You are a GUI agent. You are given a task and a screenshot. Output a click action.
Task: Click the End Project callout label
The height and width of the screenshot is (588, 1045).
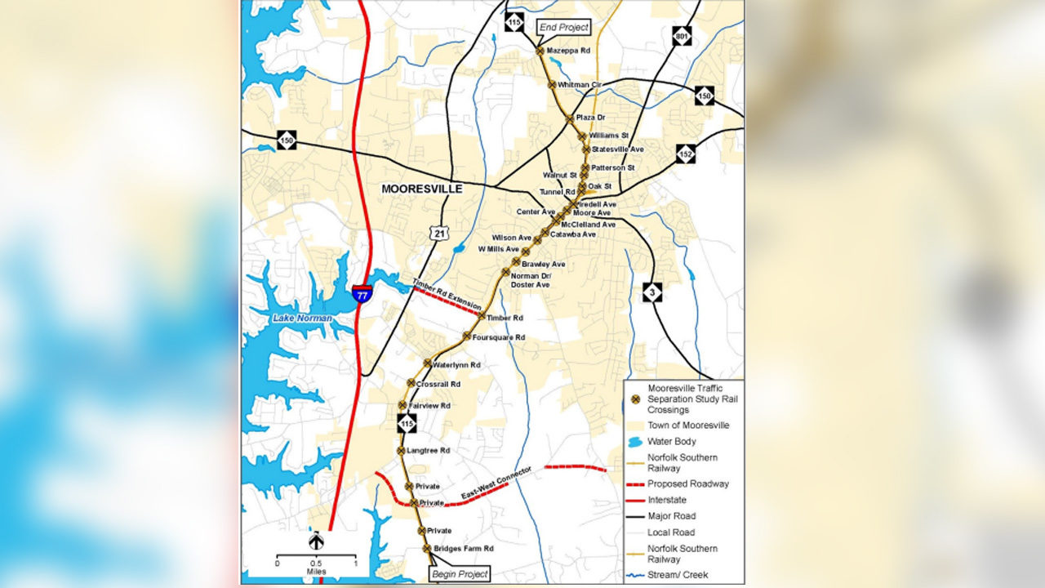pos(563,27)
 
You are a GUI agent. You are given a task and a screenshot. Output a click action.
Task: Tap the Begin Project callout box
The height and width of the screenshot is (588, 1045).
pos(460,574)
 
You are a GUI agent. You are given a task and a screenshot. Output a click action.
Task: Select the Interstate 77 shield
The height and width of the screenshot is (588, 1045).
pos(362,293)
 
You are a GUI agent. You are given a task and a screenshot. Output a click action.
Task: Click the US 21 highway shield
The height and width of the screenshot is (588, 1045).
pos(440,234)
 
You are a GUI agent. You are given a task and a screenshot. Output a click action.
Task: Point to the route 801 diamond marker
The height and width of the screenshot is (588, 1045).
pos(683,36)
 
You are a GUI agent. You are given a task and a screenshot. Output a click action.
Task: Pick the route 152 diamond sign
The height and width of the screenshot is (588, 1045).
pos(686,154)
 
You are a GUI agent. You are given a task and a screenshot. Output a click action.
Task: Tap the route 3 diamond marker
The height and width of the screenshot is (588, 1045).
pos(651,292)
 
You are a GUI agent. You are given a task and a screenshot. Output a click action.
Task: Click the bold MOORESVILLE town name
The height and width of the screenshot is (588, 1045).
pos(422,189)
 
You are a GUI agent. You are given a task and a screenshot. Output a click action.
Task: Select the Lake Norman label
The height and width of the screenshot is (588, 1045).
pos(302,318)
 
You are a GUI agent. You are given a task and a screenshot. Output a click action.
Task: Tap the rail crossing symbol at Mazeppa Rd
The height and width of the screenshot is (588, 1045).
pos(540,51)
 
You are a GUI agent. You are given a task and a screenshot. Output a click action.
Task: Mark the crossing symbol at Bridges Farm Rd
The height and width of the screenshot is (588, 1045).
pos(426,549)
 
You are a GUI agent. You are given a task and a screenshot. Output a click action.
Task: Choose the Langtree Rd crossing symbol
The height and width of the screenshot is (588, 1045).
pos(401,451)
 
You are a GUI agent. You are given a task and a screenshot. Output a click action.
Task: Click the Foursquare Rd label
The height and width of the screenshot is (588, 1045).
pos(498,337)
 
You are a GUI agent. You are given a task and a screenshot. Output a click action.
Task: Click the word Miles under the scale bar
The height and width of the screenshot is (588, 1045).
pos(316,572)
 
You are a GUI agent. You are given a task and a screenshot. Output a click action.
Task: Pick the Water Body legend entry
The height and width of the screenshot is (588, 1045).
pos(671,442)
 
